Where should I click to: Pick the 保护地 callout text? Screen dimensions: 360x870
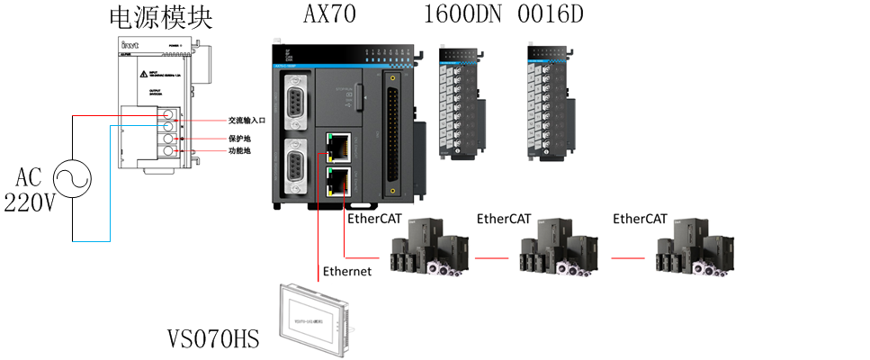coord(239,139)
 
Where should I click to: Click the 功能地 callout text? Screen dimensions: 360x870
coord(239,151)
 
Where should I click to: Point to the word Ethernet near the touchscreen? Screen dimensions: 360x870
coord(347,270)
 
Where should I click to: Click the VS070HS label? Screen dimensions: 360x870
coord(213,339)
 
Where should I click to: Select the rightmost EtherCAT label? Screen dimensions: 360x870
coord(640,218)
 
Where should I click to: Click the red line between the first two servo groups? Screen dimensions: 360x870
coord(498,257)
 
